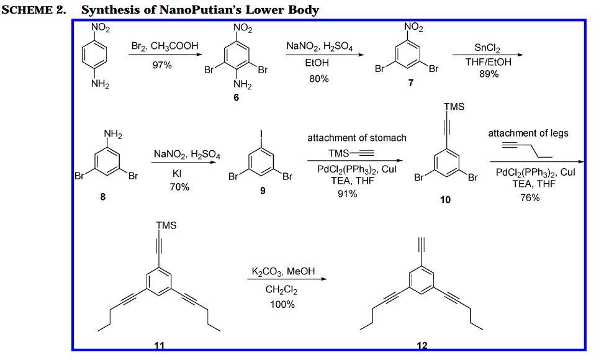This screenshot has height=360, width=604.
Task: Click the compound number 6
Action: point(237,97)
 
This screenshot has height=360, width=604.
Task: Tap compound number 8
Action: point(103,197)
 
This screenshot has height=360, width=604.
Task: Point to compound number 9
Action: point(263,191)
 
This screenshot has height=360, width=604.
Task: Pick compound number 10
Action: point(445,199)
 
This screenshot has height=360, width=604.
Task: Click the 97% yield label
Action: point(162,65)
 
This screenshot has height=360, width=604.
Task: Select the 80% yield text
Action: point(320,79)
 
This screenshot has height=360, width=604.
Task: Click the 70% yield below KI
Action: point(180,187)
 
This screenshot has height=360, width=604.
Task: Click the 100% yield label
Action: point(282,304)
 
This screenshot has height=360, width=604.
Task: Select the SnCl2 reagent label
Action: point(488,48)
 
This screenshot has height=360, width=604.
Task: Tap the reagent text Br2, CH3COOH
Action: point(162,47)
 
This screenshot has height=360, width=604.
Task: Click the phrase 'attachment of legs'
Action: point(528,133)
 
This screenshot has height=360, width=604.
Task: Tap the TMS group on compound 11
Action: point(166,225)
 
